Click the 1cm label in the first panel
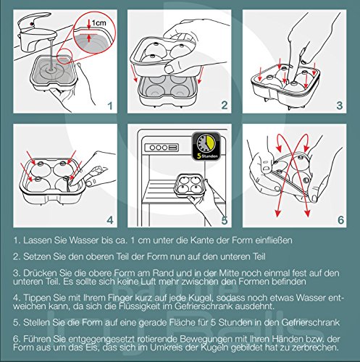pos(99,23)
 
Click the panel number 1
pos(110,106)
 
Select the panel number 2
pos(225,105)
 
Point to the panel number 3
pos(339,106)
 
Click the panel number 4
pos(110,220)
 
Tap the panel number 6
pos(340,220)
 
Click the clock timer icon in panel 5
pos(206,146)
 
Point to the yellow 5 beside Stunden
pos(199,156)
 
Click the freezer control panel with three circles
pos(162,148)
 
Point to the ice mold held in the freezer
pos(191,186)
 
